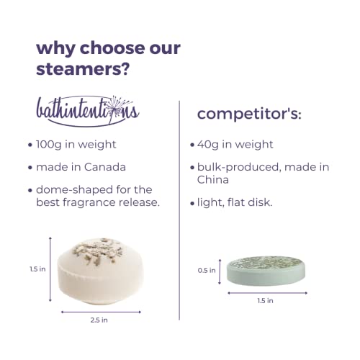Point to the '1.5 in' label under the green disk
tap(265, 301)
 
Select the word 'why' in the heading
tap(56, 49)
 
